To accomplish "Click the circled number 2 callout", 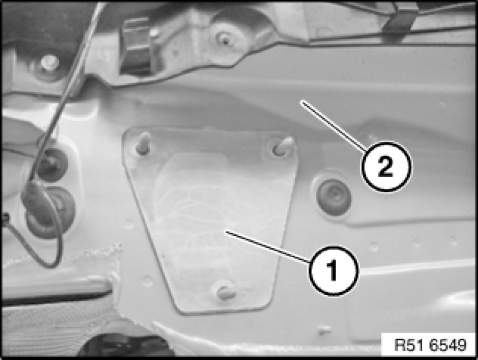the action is point(386,167).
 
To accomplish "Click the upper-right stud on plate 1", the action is point(282,146).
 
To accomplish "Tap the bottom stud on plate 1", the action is point(226,293).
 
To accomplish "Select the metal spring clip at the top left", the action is point(136,46).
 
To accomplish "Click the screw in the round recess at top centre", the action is point(225,40).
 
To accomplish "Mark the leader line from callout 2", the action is point(333,126).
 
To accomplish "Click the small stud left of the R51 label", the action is point(325,329).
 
